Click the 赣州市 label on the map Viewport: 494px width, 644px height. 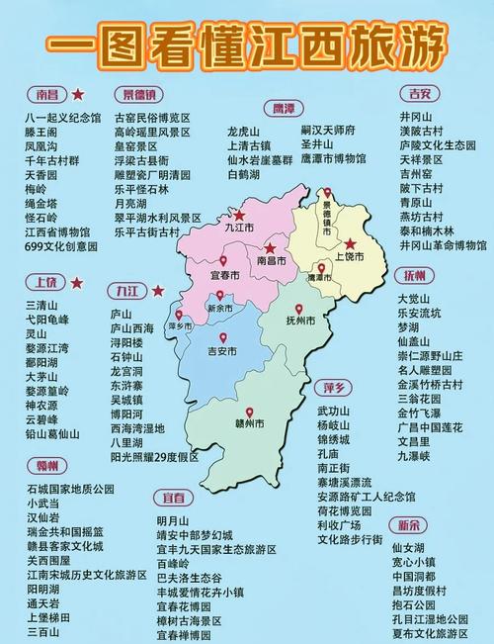pos(250,424)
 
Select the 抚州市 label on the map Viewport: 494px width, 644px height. pos(300,322)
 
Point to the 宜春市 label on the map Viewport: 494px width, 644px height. pos(226,276)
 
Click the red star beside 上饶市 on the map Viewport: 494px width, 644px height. pos(350,243)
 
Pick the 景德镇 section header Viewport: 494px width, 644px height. pos(138,95)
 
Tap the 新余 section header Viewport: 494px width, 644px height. pos(411,524)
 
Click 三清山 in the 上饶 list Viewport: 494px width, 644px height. pos(41,306)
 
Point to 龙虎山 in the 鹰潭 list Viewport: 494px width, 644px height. pos(242,132)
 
